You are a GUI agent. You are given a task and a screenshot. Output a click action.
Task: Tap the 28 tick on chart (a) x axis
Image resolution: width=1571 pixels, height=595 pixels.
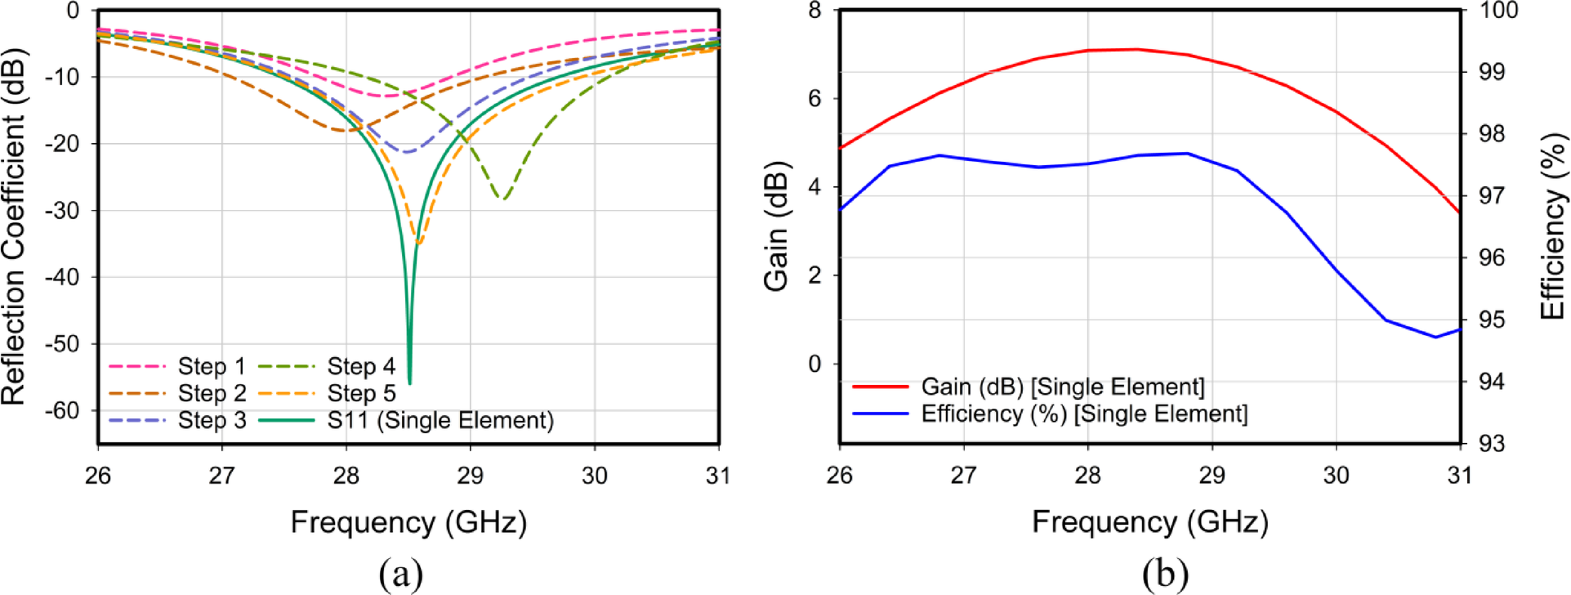pyautogui.click(x=346, y=475)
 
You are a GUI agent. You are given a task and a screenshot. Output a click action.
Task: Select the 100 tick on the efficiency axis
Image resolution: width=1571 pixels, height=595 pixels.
pyautogui.click(x=1498, y=11)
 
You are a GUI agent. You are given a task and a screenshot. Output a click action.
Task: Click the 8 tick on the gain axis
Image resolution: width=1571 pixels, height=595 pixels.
pyautogui.click(x=815, y=11)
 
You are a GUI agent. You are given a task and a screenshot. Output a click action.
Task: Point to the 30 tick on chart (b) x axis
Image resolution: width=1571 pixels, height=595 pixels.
pyautogui.click(x=1336, y=475)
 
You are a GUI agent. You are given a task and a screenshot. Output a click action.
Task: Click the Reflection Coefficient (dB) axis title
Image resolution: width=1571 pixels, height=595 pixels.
pyautogui.click(x=15, y=227)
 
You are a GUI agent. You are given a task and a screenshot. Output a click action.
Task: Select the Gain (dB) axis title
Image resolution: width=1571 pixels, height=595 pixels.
pyautogui.click(x=776, y=227)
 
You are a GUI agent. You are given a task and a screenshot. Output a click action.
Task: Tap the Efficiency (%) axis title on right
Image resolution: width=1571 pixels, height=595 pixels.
pyautogui.click(x=1552, y=227)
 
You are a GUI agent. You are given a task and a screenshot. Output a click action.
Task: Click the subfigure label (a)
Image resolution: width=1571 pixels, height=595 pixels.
pyautogui.click(x=401, y=574)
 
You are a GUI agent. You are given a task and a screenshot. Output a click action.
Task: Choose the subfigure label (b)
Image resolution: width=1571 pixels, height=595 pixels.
pyautogui.click(x=1165, y=574)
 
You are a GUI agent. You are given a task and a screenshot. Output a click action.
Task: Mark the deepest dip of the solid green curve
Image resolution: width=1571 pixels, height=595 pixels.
pyautogui.click(x=409, y=382)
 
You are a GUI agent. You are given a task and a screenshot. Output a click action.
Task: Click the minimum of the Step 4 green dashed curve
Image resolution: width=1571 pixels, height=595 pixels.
pyautogui.click(x=503, y=199)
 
